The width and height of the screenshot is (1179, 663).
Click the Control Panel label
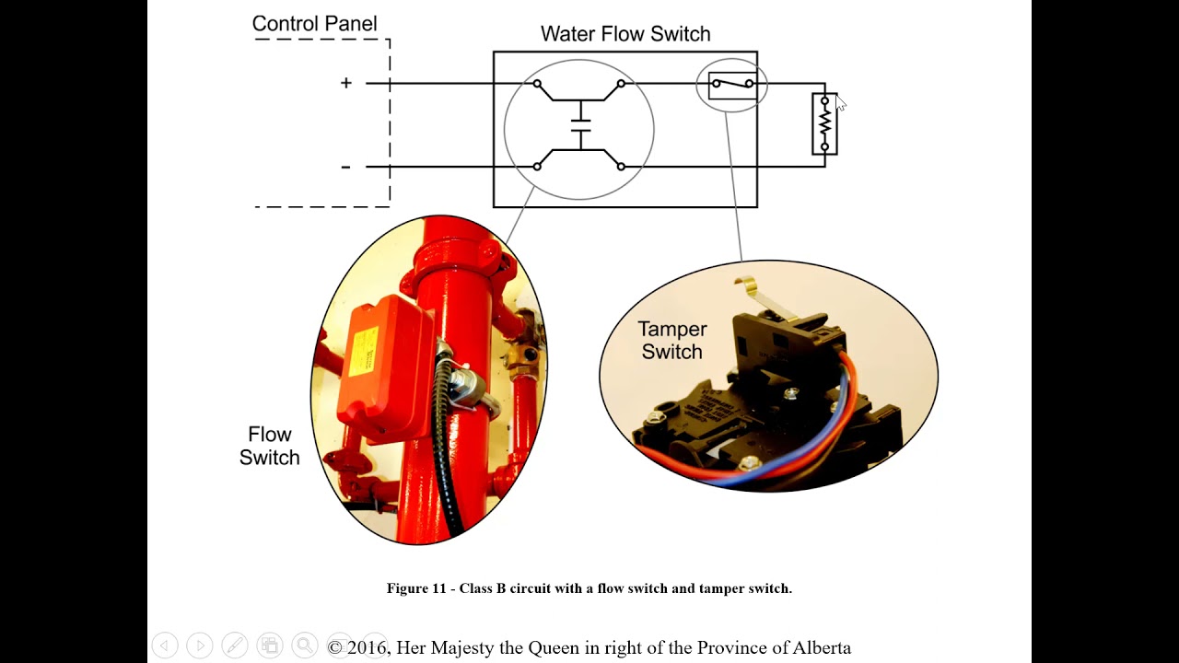314,25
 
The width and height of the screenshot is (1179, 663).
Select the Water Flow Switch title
625,34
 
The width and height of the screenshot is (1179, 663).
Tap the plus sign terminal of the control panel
346,83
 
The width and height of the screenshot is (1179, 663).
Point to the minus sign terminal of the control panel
345,167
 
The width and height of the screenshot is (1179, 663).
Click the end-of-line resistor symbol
824,123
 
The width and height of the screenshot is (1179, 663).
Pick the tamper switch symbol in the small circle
732,85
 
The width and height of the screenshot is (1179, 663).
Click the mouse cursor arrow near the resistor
839,102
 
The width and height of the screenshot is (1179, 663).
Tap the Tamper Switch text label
672,340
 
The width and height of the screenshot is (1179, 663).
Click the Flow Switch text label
269,446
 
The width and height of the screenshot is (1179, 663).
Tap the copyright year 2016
367,647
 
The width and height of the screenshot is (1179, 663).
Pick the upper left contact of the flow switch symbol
537,84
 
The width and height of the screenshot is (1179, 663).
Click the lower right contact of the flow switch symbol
621,167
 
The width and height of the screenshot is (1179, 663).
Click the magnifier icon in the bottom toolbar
304,646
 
